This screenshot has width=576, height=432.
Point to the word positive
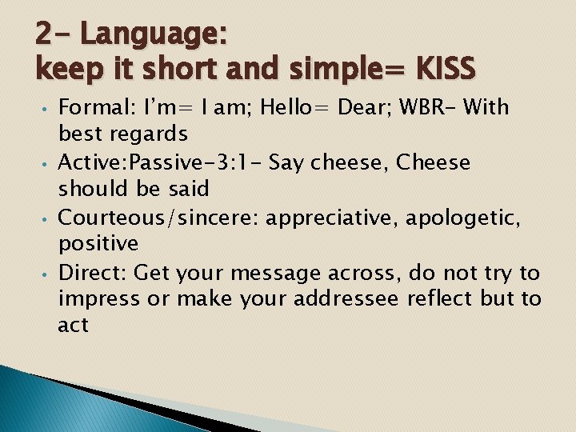click(x=98, y=243)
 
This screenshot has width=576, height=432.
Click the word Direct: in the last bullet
click(x=93, y=273)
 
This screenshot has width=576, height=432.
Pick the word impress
click(x=98, y=299)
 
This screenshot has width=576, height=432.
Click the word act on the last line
click(x=73, y=326)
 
